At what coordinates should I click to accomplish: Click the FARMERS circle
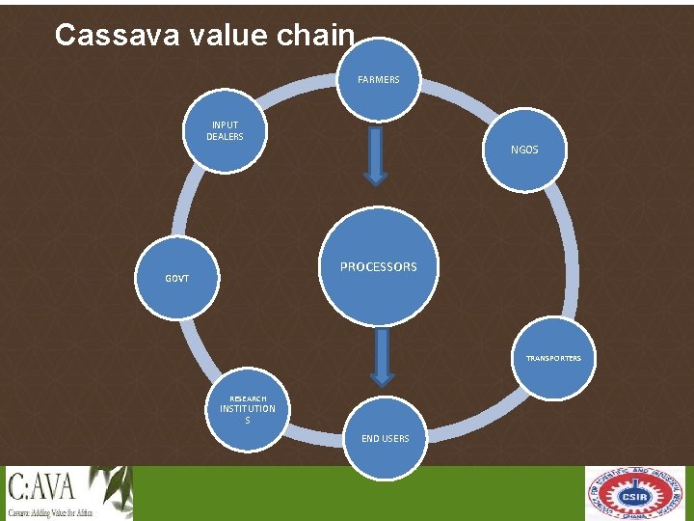tap(378, 80)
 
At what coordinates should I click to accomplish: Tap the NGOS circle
tap(523, 150)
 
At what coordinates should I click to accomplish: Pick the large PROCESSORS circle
tap(378, 267)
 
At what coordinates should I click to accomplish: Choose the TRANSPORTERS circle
tap(553, 358)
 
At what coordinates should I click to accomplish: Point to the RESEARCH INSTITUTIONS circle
tap(248, 410)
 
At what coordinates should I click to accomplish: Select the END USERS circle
tap(385, 439)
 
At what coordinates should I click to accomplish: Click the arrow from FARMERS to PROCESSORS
tap(376, 155)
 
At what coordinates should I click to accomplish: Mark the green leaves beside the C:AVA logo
tap(111, 486)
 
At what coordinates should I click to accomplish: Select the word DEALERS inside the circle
tap(225, 137)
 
